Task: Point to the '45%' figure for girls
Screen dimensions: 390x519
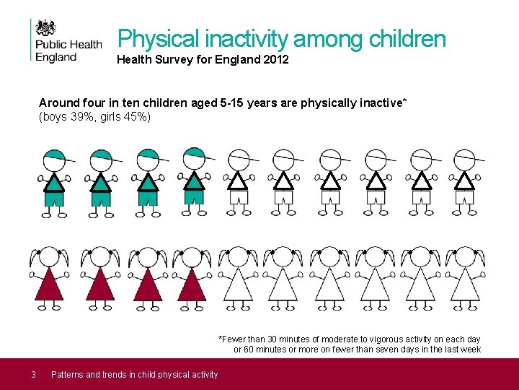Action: coord(135,116)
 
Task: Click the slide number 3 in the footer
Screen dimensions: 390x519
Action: coord(33,374)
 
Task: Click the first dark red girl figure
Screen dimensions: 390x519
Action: coord(50,279)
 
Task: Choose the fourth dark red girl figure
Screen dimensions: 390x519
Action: coord(192,279)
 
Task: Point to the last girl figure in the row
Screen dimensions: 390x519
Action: coord(465,279)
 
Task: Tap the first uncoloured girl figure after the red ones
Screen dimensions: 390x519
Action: coord(238,279)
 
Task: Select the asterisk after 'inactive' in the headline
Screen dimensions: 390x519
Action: coord(404,102)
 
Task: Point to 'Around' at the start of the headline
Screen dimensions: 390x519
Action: coord(57,103)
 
